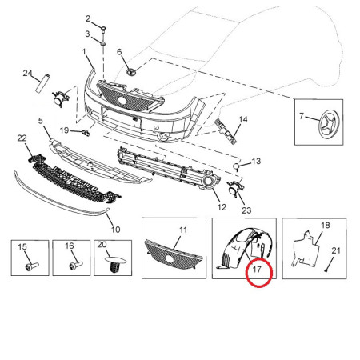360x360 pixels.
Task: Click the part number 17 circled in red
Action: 257,270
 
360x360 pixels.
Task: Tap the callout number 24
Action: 27,73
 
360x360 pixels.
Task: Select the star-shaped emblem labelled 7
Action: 329,125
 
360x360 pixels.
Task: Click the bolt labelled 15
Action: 32,266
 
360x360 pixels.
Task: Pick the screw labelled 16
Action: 76,266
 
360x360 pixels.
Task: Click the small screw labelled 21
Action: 326,270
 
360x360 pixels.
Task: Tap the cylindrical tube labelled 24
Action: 43,83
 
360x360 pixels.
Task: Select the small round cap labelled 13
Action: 236,166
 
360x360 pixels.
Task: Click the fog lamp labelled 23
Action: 235,188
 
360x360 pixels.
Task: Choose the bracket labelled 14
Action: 226,131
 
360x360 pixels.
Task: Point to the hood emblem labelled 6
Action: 131,71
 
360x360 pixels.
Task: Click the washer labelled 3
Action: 103,43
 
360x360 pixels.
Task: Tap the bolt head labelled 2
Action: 103,28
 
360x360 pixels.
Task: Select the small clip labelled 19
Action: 86,132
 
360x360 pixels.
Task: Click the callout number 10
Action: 115,230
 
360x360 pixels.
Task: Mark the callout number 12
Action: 222,207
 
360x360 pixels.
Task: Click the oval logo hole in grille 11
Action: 169,258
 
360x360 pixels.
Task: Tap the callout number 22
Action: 22,138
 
